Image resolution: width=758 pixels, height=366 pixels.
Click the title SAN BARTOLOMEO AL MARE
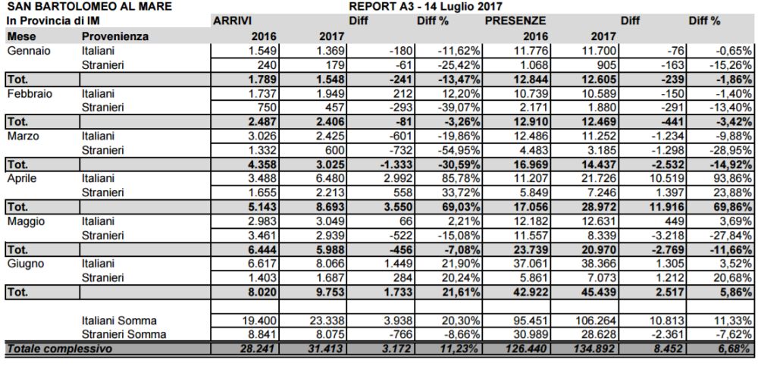[88, 7]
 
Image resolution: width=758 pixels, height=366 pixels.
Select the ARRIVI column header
[232, 20]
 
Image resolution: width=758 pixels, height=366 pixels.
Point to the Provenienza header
[114, 36]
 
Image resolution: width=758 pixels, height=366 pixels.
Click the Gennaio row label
[27, 50]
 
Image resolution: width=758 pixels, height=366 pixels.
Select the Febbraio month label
[30, 92]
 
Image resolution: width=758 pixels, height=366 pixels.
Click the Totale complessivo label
[58, 349]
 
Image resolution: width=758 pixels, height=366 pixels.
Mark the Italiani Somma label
[123, 321]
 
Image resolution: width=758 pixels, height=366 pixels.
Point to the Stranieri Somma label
[124, 334]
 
